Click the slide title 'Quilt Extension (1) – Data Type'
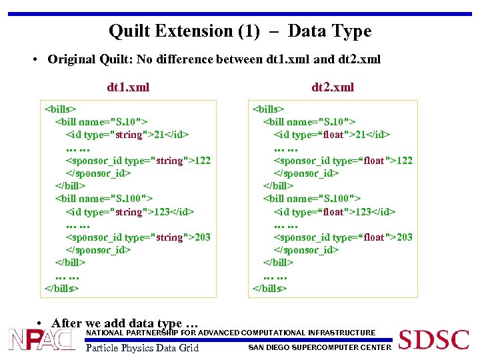tap(239, 31)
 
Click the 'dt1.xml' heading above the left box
tap(128, 87)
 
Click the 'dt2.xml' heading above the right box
tap(333, 87)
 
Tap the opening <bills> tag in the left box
tap(60, 109)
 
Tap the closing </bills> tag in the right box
tap(269, 288)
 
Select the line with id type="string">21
tap(127, 135)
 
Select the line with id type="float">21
tap(331, 135)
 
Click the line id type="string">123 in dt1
tap(129, 211)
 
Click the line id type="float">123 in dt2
tap(334, 211)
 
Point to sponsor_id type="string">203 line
tap(137, 237)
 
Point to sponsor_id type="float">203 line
tap(343, 237)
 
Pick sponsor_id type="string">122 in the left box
tap(137, 160)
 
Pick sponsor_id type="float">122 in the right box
tap(343, 160)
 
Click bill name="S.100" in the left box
tap(103, 198)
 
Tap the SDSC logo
tap(433, 339)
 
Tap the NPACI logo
tap(41, 339)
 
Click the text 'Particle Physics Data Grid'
tap(143, 347)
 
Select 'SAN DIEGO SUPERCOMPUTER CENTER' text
tap(319, 347)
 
